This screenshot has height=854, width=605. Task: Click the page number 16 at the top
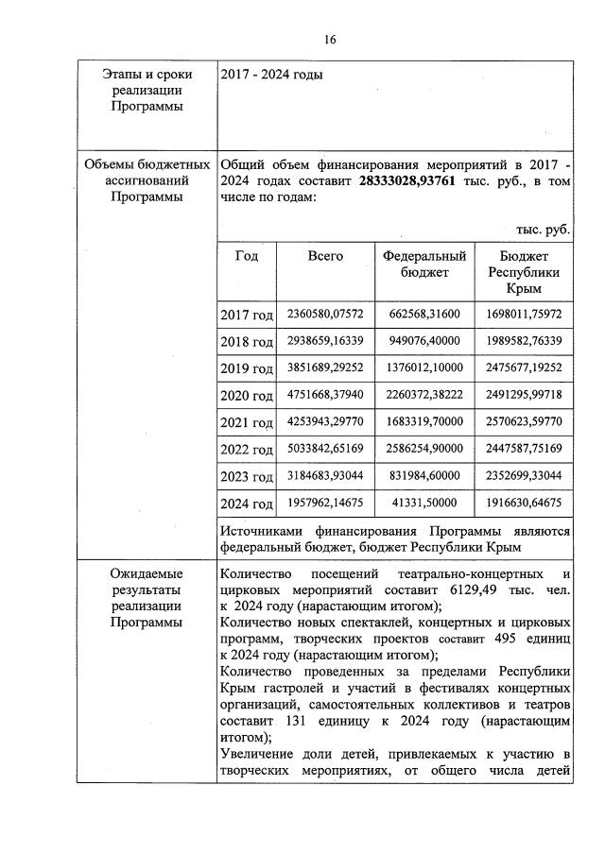click(x=330, y=40)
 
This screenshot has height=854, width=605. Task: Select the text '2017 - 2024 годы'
click(x=270, y=75)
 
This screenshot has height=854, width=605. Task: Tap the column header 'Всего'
click(x=325, y=256)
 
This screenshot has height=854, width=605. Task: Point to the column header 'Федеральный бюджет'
click(x=424, y=264)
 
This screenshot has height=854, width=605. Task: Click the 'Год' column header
click(x=247, y=256)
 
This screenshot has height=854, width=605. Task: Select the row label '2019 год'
click(x=247, y=369)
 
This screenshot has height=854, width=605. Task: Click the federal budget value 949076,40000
click(x=424, y=340)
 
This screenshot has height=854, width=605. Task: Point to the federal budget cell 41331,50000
click(x=424, y=503)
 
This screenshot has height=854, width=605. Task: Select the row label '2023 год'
click(x=247, y=477)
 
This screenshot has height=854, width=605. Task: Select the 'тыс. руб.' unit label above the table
click(x=544, y=230)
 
